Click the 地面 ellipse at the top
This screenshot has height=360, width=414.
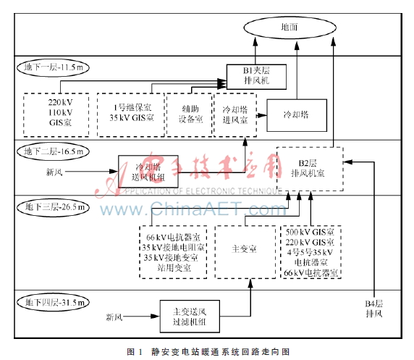point(289,28)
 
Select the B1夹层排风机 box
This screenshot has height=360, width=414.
point(257,75)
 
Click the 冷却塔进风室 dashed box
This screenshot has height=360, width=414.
point(235,113)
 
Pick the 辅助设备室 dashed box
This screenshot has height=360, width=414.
point(187,113)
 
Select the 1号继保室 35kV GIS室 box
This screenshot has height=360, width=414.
point(130,113)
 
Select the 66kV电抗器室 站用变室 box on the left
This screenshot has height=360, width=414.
point(174,251)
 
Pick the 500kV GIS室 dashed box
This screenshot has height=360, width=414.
point(312,251)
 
